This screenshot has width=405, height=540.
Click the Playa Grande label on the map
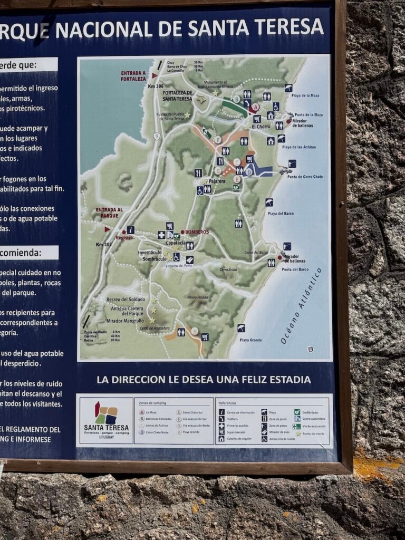click(251, 340)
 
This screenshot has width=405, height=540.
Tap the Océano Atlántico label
click(301, 306)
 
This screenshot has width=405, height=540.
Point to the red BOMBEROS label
click(196, 232)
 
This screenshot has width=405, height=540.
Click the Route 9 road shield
click(157, 136)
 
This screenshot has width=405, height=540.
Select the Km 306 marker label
click(156, 86)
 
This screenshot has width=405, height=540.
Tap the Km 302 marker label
click(104, 244)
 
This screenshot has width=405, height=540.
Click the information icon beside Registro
click(131, 229)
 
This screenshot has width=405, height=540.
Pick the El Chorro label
click(261, 127)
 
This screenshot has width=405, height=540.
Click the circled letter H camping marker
click(195, 331)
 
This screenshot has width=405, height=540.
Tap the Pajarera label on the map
click(217, 181)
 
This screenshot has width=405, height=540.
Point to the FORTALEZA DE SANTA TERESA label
click(177, 95)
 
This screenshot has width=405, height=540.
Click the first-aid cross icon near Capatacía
click(161, 235)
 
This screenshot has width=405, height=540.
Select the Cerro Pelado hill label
click(198, 297)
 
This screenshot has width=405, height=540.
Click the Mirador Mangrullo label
click(126, 321)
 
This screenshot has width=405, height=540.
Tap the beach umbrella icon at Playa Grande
click(241, 328)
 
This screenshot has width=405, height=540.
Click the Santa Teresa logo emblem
click(105, 413)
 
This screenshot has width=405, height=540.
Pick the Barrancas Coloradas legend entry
click(158, 419)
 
